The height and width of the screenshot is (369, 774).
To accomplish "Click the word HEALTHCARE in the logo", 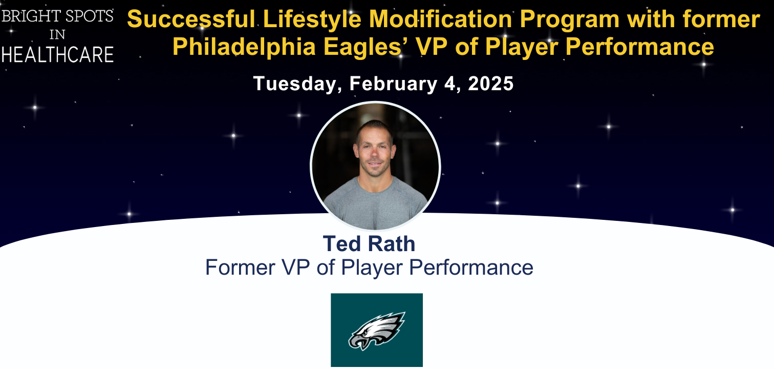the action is pyautogui.click(x=58, y=55).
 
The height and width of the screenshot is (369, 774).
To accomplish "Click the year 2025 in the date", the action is pyautogui.click(x=490, y=84).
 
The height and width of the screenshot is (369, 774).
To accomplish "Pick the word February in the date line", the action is pyautogui.click(x=393, y=84).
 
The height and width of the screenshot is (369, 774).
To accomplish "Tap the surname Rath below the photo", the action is pyautogui.click(x=392, y=243).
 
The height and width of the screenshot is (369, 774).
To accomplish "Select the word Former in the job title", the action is pyautogui.click(x=240, y=268).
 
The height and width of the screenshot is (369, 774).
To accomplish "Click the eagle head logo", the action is pyautogui.click(x=377, y=331).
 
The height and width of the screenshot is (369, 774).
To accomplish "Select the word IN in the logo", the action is pyautogui.click(x=57, y=34).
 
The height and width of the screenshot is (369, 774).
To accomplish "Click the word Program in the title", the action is pyautogui.click(x=570, y=20).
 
